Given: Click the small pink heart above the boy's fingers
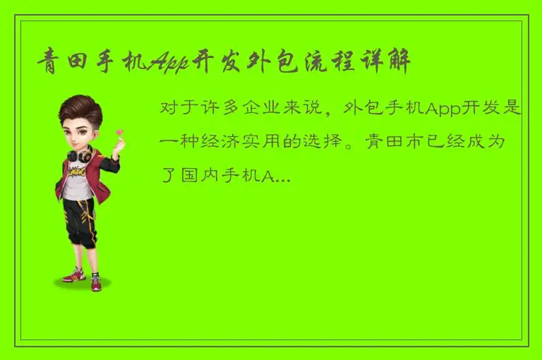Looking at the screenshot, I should click(120, 132).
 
